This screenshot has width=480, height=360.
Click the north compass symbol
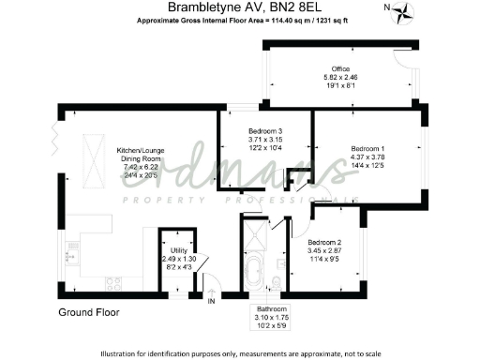click(x=404, y=12)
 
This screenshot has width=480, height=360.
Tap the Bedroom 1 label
click(x=367, y=148)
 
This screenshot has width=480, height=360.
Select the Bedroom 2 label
click(x=325, y=241)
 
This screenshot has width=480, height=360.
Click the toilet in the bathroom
click(x=277, y=281)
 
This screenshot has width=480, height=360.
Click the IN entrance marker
click(x=211, y=301)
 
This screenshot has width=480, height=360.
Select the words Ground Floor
click(x=89, y=311)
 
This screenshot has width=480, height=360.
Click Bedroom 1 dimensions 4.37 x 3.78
click(x=367, y=157)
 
